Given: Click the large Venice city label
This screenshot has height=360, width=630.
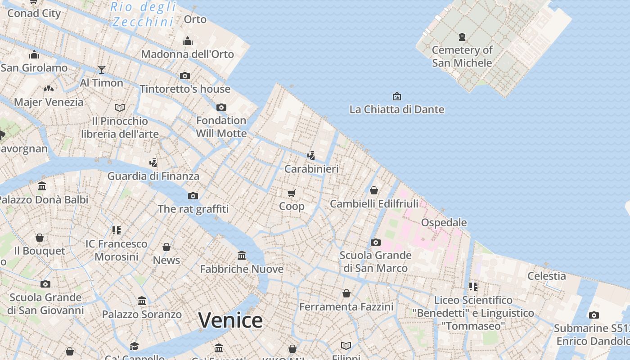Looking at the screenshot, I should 230,320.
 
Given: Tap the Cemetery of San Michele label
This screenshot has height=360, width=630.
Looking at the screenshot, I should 462,56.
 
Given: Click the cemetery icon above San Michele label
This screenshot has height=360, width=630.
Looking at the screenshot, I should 462,37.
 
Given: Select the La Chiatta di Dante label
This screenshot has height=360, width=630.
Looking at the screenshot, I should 396,109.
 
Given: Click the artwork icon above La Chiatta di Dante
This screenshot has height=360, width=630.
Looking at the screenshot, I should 396,96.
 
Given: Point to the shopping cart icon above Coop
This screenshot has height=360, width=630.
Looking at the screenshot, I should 292,193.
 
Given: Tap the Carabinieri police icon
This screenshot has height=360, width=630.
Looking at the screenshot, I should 311,156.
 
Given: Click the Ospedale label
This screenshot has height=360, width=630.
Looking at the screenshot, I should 444,222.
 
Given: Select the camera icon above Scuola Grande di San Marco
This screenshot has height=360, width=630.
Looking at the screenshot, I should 375,243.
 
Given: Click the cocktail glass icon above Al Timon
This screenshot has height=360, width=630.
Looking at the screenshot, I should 102,70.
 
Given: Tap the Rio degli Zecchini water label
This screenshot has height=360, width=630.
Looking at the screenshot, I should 143,14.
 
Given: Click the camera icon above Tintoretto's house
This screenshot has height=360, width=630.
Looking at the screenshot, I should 185,76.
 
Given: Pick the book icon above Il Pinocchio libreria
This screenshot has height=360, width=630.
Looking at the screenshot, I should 120,108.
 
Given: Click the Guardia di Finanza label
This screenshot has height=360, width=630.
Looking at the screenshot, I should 153,176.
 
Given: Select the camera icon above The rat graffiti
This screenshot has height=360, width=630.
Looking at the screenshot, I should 193,196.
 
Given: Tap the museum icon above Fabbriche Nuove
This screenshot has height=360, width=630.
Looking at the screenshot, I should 242,256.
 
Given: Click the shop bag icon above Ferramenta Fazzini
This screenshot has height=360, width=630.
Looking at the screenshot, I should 346,294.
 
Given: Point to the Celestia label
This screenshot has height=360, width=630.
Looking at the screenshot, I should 546,276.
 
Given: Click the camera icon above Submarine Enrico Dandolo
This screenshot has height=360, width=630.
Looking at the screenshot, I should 594,315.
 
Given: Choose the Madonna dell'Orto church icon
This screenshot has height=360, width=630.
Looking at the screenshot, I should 188,41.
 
